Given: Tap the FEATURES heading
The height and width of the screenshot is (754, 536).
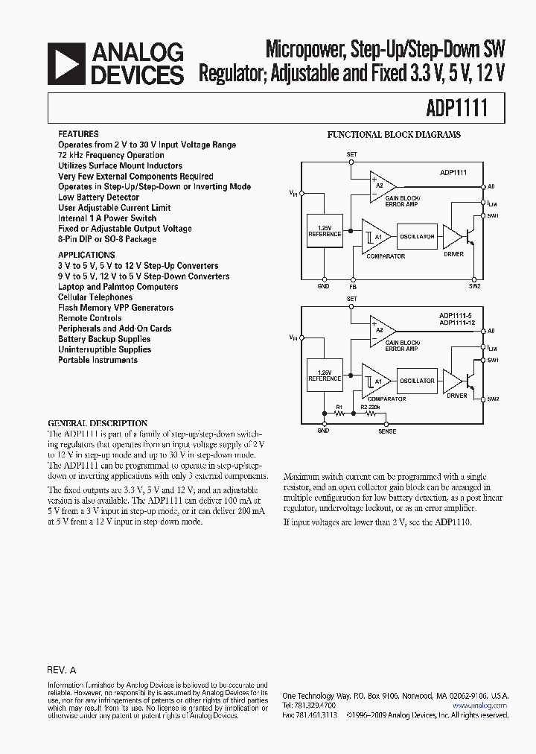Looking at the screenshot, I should [78, 134].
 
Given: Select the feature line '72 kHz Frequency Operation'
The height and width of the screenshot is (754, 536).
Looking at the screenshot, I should [111, 155].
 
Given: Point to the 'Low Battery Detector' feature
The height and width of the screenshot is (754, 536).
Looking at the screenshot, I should [98, 197].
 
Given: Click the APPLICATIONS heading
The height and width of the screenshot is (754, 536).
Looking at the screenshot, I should [86, 255].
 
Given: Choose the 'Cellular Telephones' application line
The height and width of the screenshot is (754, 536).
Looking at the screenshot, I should [95, 297].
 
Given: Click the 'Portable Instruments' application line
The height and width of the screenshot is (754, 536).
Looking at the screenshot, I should [98, 360].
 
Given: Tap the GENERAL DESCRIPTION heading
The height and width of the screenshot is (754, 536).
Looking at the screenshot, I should [98, 423].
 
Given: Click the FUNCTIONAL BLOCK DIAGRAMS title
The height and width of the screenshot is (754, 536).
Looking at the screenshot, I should [394, 135].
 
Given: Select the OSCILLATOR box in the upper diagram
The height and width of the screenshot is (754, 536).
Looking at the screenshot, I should [416, 236].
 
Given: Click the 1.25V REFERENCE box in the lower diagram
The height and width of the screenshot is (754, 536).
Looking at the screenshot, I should [325, 375].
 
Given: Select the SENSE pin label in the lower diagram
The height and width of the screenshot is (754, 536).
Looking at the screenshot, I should [387, 431].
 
